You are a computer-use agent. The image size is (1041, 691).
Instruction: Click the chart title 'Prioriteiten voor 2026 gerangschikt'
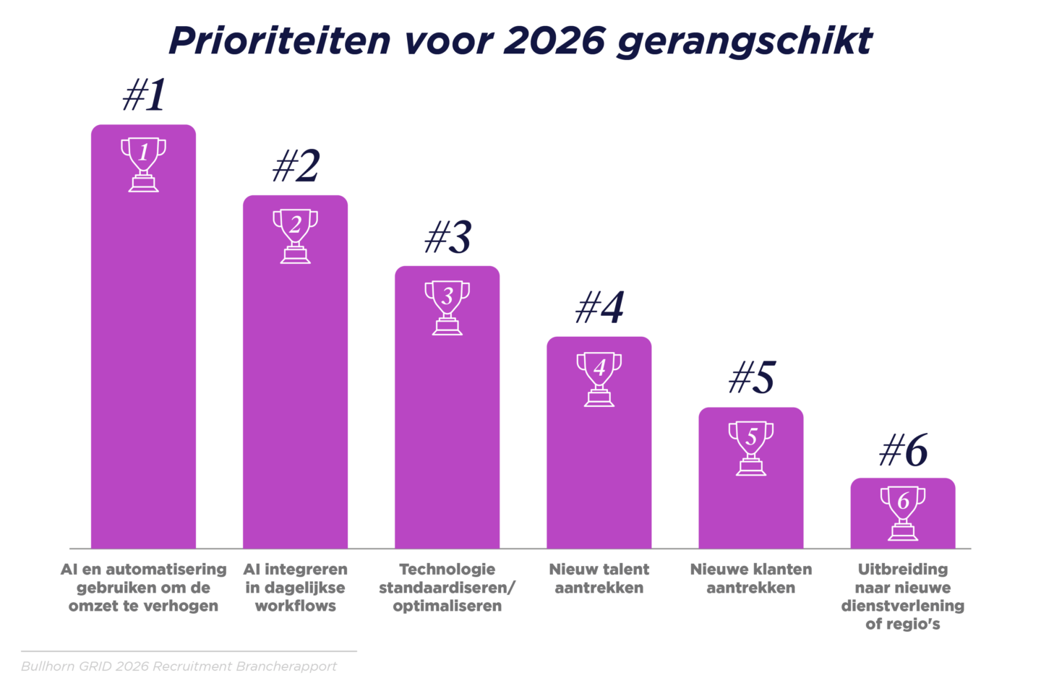coord(520,40)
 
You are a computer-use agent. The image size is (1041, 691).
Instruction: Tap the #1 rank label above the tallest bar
coord(145,95)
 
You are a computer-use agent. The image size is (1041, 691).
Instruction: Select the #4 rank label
coord(599,308)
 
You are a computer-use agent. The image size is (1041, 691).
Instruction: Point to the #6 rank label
coord(903,451)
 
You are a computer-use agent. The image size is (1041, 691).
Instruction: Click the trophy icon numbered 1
coord(143,165)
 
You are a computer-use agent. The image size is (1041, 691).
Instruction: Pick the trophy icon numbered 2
coord(295,236)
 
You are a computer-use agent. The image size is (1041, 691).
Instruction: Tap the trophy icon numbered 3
coord(447,307)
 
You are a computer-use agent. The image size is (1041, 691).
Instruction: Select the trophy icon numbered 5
coord(750,448)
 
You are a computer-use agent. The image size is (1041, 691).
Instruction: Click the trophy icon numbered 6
coord(902,513)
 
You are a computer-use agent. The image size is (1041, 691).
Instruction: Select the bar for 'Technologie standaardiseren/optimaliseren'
coord(447,434)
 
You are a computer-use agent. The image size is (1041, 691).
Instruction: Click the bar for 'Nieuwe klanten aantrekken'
coord(750,506)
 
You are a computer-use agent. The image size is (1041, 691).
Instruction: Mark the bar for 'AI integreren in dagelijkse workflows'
coord(295,398)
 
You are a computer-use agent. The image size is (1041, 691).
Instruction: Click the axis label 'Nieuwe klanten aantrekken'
coord(750,578)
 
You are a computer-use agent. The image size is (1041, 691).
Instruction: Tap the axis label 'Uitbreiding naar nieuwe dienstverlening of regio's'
coord(902,596)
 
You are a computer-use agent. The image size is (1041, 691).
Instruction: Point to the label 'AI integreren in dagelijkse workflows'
coord(295,588)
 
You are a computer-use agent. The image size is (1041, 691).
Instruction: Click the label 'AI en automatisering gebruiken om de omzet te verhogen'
coord(143,588)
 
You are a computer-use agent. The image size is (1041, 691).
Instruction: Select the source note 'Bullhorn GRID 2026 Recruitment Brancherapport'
coord(179,666)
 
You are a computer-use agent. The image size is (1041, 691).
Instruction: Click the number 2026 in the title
coord(554,40)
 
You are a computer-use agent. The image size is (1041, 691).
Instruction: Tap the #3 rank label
coord(447,237)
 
